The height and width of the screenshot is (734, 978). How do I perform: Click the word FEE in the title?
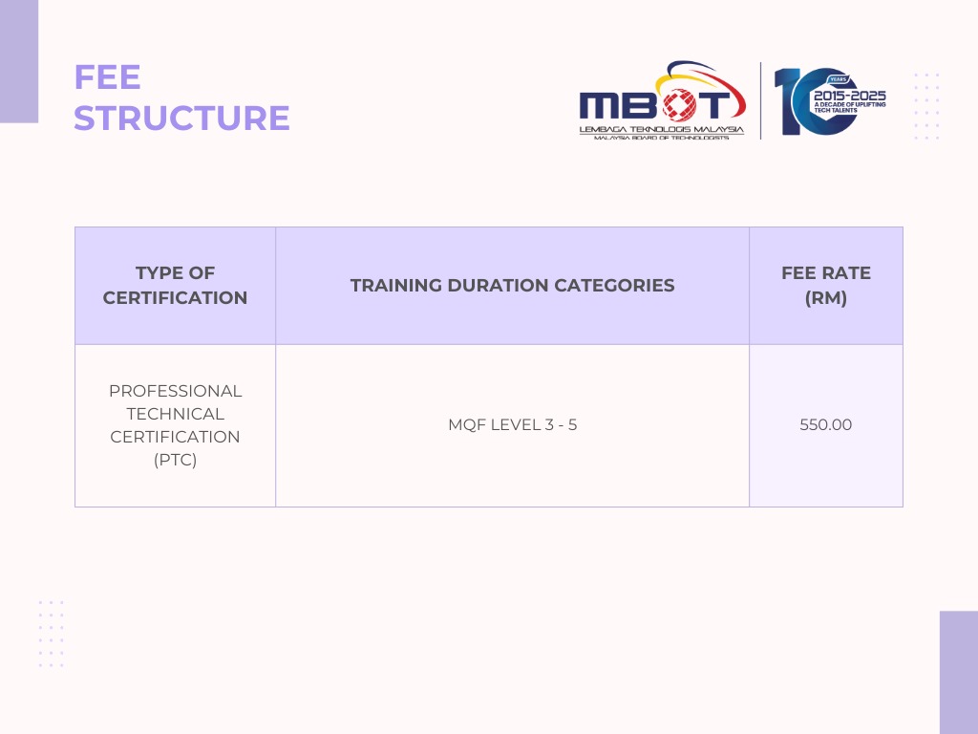tap(107, 77)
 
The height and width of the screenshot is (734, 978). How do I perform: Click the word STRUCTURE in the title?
tap(181, 118)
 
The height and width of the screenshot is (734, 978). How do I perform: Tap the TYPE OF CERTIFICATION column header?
tap(176, 285)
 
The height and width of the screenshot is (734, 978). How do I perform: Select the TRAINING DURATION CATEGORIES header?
tap(512, 285)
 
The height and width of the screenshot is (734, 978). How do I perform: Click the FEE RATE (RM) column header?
tap(826, 285)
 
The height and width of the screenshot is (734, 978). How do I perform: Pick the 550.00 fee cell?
tap(826, 424)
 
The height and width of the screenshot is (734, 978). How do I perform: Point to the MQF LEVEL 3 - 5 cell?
tap(512, 424)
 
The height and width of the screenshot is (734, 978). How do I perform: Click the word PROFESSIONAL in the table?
tap(176, 391)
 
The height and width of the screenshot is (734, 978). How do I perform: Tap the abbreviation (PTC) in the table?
tap(176, 460)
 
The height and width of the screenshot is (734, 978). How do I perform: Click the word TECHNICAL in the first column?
tap(176, 414)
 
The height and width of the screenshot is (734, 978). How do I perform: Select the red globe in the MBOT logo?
tap(679, 104)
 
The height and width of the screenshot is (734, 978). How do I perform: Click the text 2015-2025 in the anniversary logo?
tap(849, 96)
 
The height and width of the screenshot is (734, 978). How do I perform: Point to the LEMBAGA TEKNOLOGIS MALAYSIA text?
tap(661, 129)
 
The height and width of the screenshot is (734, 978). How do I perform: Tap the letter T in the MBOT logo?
tap(712, 104)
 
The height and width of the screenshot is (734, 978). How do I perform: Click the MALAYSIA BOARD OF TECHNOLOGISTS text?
tap(661, 138)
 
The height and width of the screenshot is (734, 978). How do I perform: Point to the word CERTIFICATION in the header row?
tap(176, 298)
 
